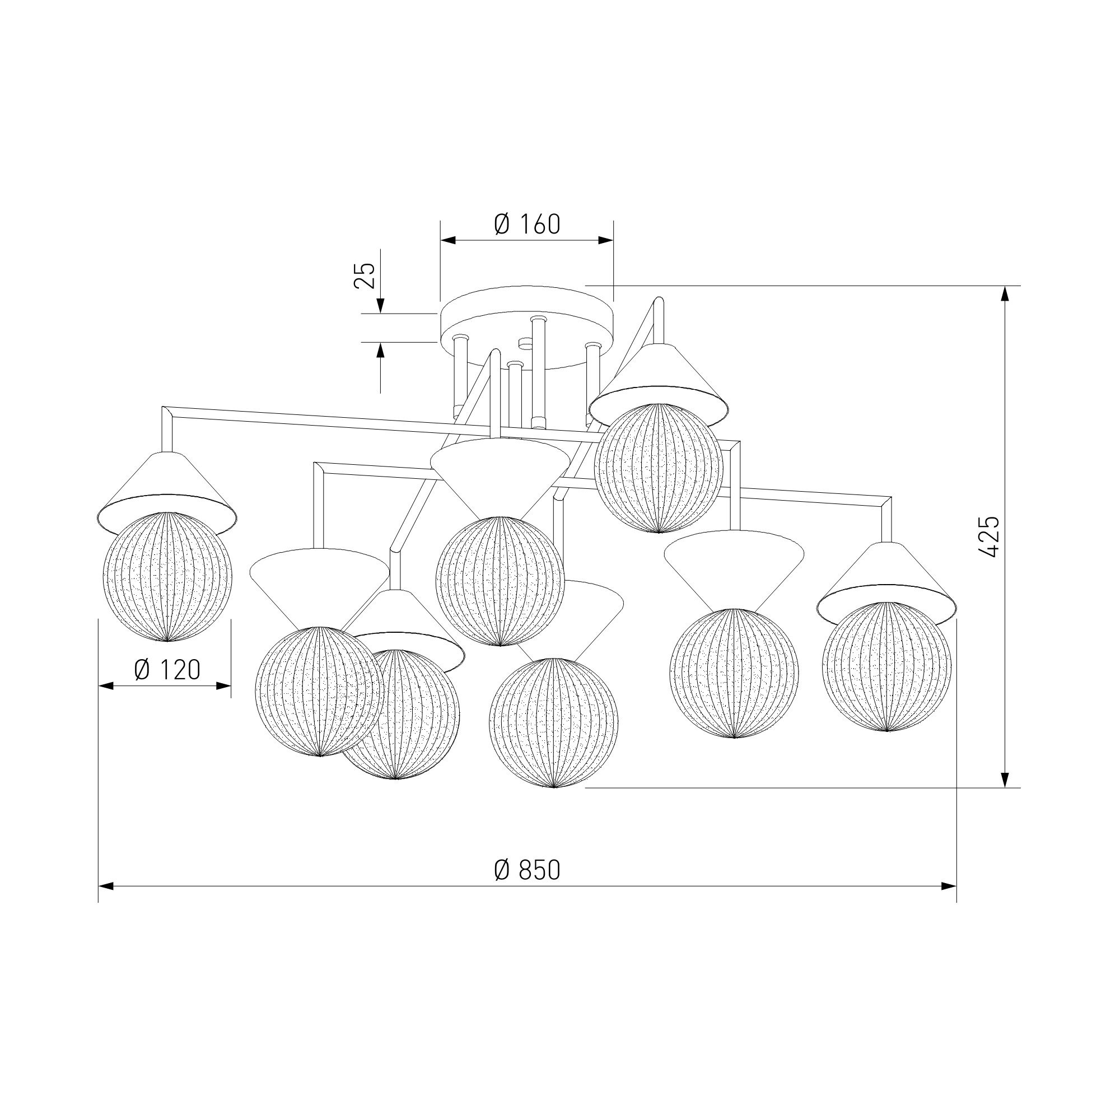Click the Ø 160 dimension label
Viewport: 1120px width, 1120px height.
527,224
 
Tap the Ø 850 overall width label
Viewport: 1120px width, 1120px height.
527,886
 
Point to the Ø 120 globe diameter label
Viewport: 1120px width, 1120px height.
167,670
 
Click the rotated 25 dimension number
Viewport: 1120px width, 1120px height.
365,276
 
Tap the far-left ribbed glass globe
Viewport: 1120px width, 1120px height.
167,576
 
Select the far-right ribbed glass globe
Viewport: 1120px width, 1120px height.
887,666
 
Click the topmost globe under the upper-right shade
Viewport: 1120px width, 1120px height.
659,468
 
